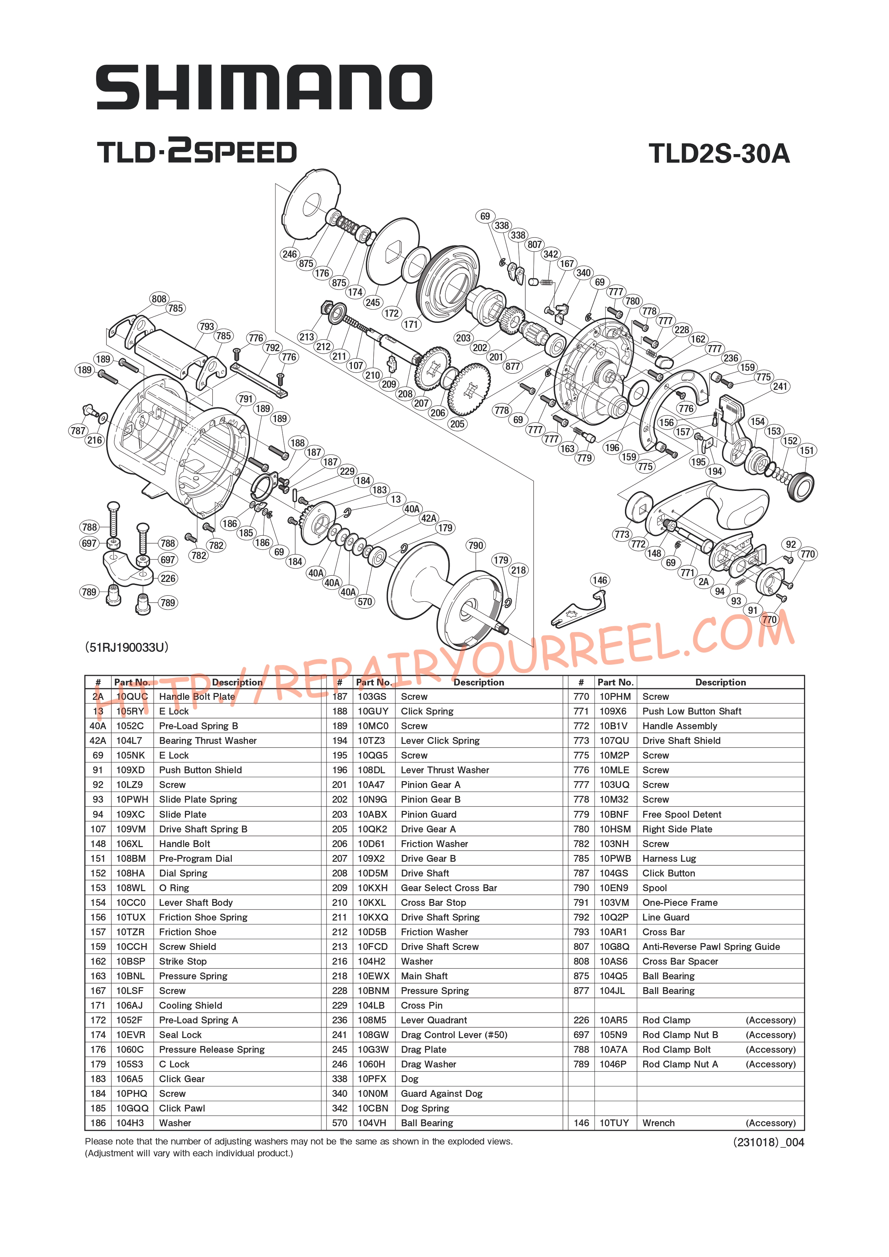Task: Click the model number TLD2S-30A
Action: pyautogui.click(x=719, y=153)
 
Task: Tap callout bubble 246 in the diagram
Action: pyautogui.click(x=290, y=254)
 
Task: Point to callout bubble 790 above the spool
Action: pyautogui.click(x=476, y=545)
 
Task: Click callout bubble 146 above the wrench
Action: pyautogui.click(x=599, y=580)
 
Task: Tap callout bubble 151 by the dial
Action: pyautogui.click(x=806, y=450)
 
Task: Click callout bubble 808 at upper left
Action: pyautogui.click(x=159, y=299)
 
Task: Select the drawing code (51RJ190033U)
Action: pyautogui.click(x=126, y=647)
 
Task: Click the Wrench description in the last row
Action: pyautogui.click(x=659, y=1123)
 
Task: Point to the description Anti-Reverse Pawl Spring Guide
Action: pyautogui.click(x=711, y=947)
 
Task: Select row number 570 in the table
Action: pyautogui.click(x=339, y=1123)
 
